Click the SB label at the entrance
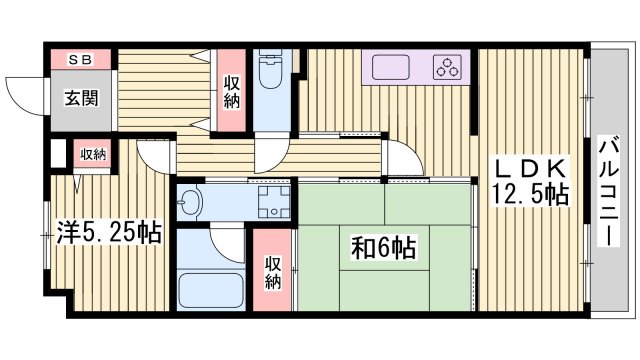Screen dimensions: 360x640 [79, 59]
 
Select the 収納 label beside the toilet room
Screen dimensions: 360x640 [231, 93]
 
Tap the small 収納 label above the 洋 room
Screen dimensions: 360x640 [93, 153]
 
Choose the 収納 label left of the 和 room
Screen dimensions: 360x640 [272, 272]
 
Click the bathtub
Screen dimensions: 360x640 [210, 291]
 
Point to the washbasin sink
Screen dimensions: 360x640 [191, 205]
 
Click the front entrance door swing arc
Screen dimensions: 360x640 [22, 96]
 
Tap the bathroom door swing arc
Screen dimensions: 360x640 [226, 240]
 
